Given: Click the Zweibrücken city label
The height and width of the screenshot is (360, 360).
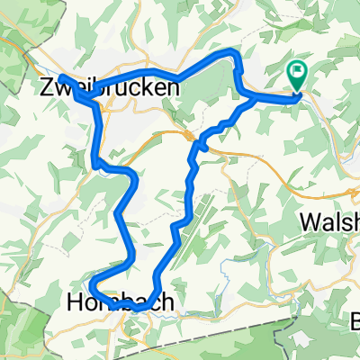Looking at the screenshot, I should (x=110, y=87).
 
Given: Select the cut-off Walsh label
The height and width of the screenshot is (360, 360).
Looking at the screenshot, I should (x=331, y=221).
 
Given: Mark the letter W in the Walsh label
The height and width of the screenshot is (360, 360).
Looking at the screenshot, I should (x=310, y=221).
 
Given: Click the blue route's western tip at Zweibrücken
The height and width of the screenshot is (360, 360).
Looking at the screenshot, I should (x=63, y=78).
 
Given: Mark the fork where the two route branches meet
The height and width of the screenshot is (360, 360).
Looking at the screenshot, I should (x=249, y=100).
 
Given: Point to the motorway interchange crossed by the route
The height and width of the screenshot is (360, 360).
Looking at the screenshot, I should (x=191, y=136).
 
